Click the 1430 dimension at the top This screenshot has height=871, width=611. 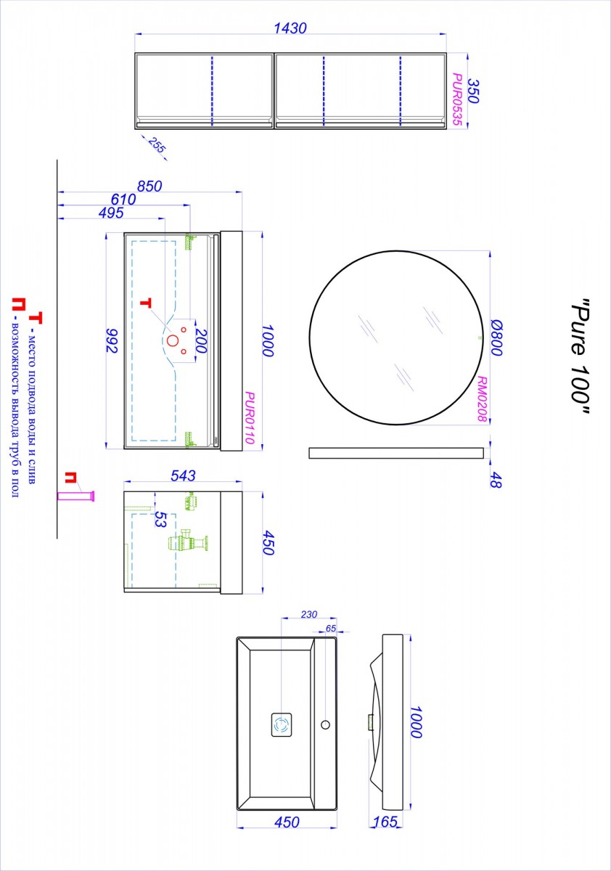(290, 28)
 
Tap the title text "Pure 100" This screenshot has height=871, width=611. (581, 356)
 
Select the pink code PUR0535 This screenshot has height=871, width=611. (457, 99)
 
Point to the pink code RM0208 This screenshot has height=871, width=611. (482, 399)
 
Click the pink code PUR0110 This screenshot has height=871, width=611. (250, 417)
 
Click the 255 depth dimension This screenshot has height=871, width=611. (157, 144)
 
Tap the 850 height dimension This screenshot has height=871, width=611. (149, 187)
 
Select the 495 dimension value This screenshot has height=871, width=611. (111, 213)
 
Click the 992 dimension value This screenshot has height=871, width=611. (112, 340)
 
